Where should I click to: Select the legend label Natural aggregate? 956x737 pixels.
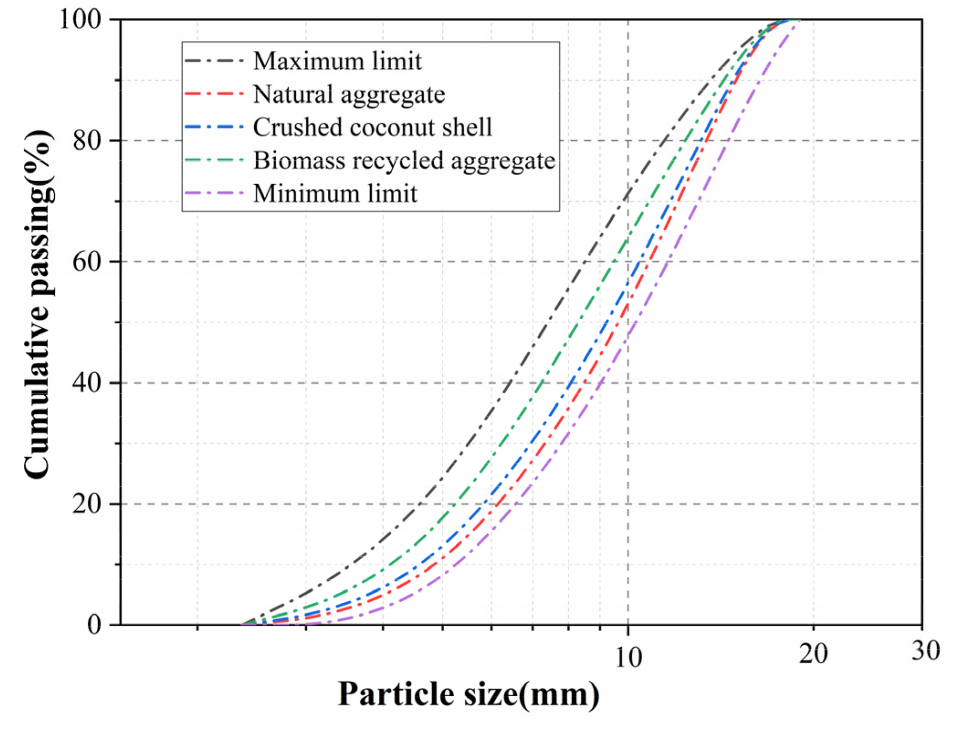click(x=349, y=95)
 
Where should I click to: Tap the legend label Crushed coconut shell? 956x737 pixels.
click(x=373, y=127)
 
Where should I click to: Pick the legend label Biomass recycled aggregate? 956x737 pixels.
click(x=404, y=160)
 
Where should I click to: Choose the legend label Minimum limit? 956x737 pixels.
click(x=335, y=193)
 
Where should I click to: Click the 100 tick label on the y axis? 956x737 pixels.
click(x=80, y=20)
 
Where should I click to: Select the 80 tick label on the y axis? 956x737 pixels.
click(x=87, y=141)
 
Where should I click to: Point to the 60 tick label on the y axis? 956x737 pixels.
click(x=87, y=262)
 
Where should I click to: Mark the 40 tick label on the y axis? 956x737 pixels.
click(x=87, y=383)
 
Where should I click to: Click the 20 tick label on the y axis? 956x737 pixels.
click(x=87, y=504)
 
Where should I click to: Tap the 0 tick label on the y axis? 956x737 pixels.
click(x=94, y=625)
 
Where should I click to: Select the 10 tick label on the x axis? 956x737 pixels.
click(x=628, y=658)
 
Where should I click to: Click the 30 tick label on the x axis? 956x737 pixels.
click(x=925, y=651)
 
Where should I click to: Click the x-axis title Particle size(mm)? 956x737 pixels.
click(x=468, y=695)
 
